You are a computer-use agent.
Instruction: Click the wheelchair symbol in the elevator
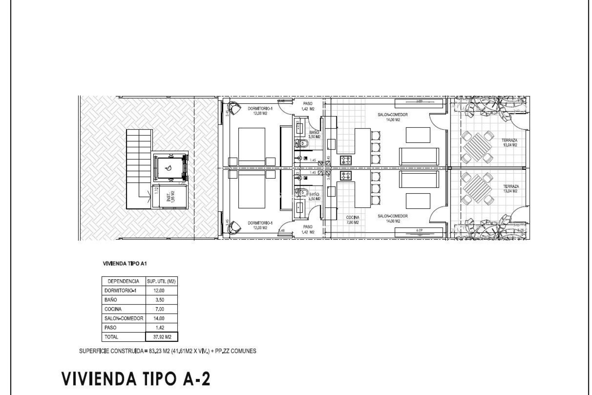[169, 168]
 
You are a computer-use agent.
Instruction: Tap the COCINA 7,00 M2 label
[352, 220]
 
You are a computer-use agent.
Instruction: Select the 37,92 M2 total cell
[162, 337]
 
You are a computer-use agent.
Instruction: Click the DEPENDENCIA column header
[124, 281]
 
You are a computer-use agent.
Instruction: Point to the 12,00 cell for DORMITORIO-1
[159, 290]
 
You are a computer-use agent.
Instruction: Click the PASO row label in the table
[110, 327]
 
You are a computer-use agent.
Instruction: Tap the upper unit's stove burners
[346, 160]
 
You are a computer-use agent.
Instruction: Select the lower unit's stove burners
[346, 176]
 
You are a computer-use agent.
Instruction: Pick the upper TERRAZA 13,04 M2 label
[509, 142]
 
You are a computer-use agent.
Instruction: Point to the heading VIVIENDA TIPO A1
[126, 264]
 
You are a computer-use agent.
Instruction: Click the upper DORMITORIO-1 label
[260, 111]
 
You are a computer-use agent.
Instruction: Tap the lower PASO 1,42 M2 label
[308, 229]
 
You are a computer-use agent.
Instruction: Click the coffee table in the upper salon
[418, 135]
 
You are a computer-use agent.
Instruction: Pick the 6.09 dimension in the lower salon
[419, 230]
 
